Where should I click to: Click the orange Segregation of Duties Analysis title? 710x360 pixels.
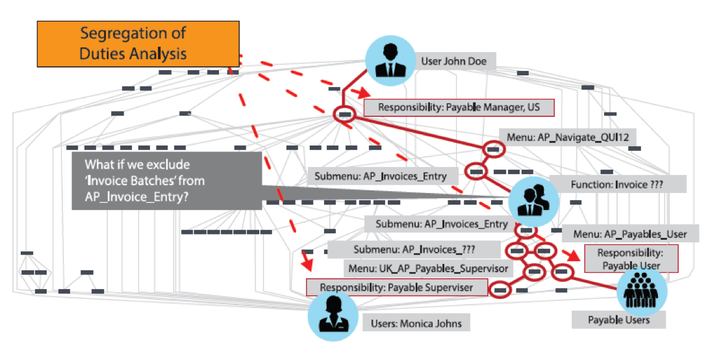(x=138, y=43)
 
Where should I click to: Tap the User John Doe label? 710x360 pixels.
(x=454, y=62)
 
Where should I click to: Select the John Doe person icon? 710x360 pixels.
(x=389, y=59)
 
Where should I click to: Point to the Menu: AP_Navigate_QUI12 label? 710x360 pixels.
(x=567, y=136)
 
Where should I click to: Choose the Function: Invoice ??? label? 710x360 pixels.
(x=618, y=184)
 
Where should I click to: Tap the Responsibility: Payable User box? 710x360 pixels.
(x=631, y=259)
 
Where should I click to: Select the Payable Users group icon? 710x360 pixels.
(x=641, y=290)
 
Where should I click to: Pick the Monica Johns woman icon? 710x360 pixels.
(x=333, y=315)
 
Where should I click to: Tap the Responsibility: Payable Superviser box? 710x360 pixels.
(x=396, y=287)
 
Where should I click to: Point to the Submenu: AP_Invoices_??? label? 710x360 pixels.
(x=414, y=250)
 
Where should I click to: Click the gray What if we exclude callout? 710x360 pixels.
(x=166, y=181)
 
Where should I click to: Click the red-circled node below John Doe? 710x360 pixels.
(x=345, y=115)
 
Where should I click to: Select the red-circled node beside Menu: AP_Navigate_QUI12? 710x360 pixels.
(x=493, y=149)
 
